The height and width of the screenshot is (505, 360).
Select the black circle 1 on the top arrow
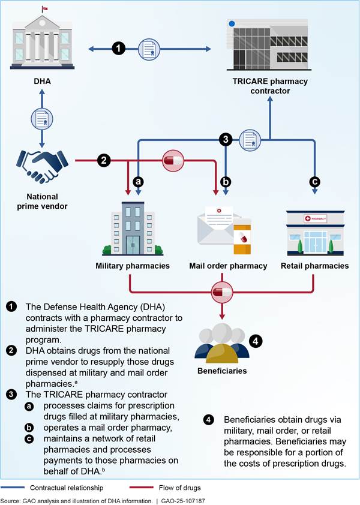[x=119, y=49]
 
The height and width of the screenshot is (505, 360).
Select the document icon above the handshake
[x=41, y=122]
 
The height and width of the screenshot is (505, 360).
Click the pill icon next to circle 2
[x=173, y=161]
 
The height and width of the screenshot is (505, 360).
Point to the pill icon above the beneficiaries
[x=223, y=293]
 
